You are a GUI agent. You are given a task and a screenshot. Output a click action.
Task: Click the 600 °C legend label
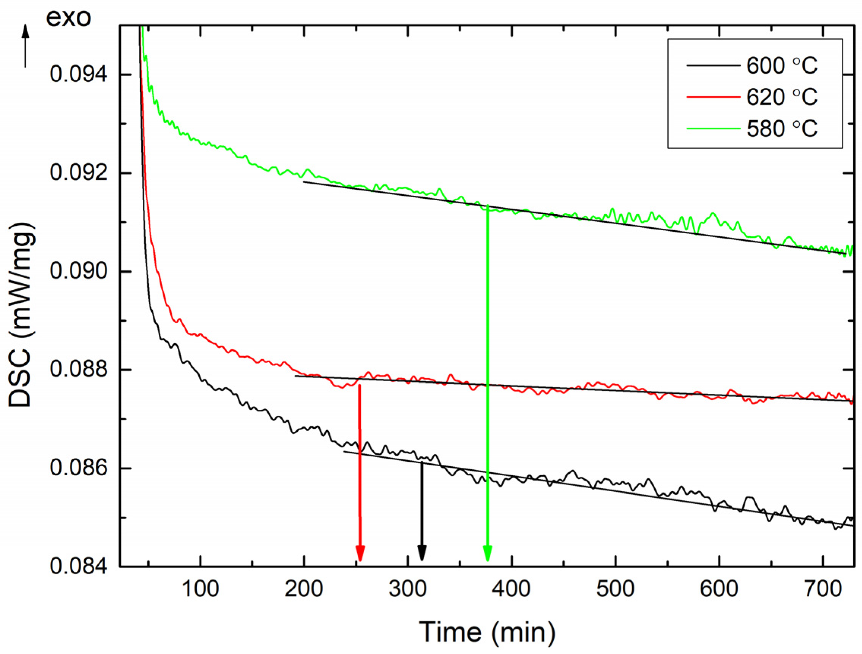click(781, 66)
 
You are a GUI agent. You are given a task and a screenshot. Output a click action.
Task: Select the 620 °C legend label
click(781, 97)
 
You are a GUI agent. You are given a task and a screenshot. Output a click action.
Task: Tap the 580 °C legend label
click(781, 129)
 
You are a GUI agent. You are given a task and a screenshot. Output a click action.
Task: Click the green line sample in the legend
click(713, 129)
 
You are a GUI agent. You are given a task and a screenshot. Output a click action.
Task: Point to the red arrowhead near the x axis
click(360, 553)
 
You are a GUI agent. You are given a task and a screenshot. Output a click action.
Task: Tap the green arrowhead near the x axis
click(488, 553)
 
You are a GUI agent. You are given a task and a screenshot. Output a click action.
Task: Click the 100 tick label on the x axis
click(200, 589)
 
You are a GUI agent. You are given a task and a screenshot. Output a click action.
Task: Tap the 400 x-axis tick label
click(511, 589)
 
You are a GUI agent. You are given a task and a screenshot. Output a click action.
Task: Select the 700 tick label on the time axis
click(822, 589)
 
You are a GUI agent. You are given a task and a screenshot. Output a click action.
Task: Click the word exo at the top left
click(69, 18)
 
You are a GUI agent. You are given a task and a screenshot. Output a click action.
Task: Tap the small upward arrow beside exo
click(25, 45)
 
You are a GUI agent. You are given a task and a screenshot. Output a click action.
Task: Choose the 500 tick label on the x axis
click(615, 589)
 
